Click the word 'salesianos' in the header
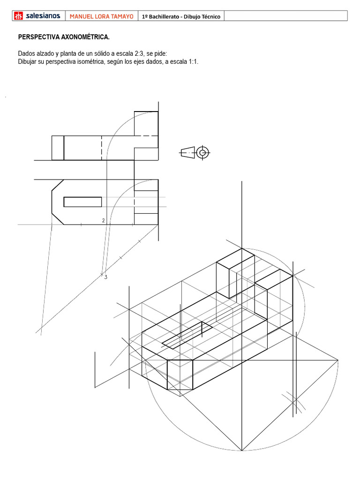point(43,16)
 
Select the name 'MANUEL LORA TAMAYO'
point(102,16)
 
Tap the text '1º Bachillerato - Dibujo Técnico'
point(181,16)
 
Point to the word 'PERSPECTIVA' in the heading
point(39,37)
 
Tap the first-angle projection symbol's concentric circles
point(203,152)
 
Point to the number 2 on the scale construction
point(103,220)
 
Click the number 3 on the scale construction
point(106,277)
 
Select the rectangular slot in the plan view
point(82,202)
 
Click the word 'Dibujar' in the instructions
point(29,61)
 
